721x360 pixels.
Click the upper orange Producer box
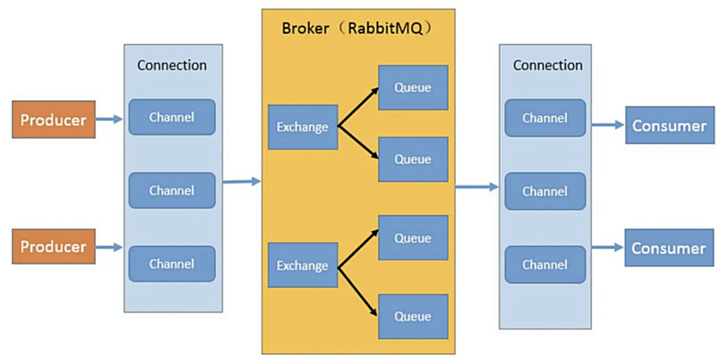point(54,120)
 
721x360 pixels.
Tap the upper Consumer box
point(669,125)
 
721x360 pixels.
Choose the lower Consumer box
point(669,248)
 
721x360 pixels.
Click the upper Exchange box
point(303,127)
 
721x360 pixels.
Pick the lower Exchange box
point(303,265)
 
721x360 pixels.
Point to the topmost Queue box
point(413,87)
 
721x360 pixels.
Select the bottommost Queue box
point(413,317)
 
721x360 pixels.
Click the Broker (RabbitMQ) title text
point(357,29)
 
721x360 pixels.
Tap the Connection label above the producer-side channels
point(172,65)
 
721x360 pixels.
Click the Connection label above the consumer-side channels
point(547,65)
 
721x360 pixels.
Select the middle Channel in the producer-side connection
point(172,190)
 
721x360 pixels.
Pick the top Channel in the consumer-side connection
point(545,118)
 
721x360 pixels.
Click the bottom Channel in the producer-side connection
point(172,264)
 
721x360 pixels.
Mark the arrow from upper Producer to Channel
point(109,120)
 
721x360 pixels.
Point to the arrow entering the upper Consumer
point(608,125)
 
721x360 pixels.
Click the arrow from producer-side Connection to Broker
point(242,182)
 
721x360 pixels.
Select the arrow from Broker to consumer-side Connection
point(477,186)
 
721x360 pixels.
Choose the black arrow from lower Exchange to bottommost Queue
point(358,291)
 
